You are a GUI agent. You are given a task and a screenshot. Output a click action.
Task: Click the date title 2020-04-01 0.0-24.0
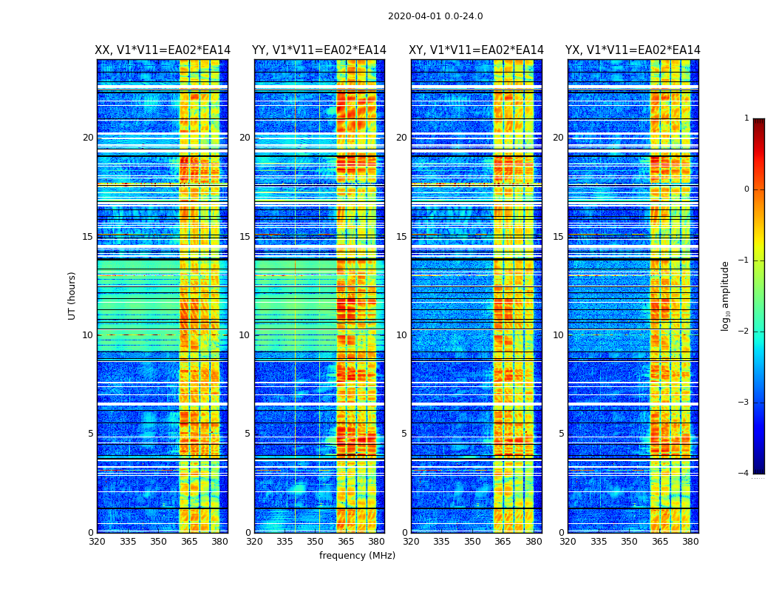[435, 16]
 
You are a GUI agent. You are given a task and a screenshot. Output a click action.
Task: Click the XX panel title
[163, 50]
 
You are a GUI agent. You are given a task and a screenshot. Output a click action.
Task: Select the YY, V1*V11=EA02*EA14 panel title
[319, 50]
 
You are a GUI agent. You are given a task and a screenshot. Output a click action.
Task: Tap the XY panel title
[477, 50]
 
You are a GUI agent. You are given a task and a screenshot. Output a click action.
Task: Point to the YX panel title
[633, 50]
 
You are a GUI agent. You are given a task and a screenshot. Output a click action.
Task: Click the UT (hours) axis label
[72, 295]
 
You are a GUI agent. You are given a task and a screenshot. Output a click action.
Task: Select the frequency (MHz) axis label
[357, 556]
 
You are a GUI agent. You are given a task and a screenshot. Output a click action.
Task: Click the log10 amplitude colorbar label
[726, 295]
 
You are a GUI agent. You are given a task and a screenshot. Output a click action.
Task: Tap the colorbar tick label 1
[746, 118]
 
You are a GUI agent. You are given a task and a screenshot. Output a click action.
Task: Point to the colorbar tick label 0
[746, 189]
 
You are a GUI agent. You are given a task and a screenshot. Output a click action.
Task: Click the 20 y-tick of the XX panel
[88, 138]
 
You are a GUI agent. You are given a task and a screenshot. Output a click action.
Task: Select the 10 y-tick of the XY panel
[401, 335]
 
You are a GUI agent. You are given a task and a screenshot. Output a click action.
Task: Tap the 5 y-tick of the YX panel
[561, 434]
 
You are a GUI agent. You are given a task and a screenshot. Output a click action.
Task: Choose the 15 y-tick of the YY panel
[245, 237]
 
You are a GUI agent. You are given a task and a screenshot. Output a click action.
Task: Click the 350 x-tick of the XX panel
[158, 542]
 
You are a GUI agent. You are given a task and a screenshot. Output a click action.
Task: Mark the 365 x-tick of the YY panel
[347, 542]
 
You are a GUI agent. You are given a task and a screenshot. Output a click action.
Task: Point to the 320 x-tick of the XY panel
[412, 542]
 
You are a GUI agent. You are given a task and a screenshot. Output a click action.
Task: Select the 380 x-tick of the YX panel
[690, 542]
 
